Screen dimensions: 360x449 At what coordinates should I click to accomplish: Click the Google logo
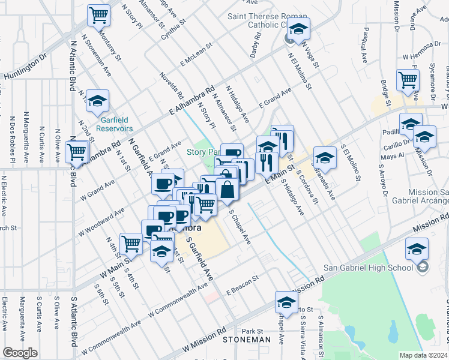(x=20, y=353)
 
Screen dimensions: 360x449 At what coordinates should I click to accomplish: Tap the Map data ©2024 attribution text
(x=423, y=355)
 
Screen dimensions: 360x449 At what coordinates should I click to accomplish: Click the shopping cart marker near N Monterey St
(x=98, y=14)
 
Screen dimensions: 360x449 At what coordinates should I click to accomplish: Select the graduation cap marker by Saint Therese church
(x=297, y=28)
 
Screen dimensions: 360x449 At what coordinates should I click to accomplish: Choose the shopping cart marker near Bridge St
(x=408, y=79)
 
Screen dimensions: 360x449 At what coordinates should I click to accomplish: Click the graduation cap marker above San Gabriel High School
(x=417, y=248)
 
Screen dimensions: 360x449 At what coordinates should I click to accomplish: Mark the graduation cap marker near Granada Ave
(x=324, y=157)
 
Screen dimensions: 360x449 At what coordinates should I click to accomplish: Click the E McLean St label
(x=195, y=53)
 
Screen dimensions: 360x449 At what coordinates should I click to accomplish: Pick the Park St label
(x=252, y=331)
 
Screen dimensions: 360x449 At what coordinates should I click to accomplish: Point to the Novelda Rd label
(x=171, y=85)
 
